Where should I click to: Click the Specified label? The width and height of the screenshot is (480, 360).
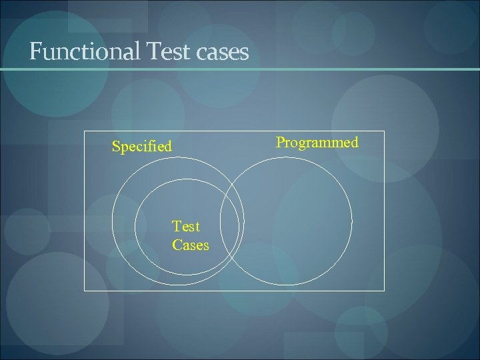[141, 146]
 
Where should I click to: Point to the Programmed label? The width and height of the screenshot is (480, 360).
[317, 142]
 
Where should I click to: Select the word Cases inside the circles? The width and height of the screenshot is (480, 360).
[190, 245]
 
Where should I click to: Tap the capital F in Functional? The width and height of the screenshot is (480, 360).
[35, 51]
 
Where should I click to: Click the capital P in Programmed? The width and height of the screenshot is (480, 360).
[281, 142]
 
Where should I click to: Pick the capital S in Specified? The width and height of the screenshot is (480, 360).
[116, 146]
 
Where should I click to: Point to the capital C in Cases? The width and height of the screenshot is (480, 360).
[177, 245]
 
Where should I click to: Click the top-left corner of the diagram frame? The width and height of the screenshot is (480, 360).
[84, 131]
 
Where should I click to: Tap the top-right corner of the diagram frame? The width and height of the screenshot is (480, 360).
[385, 131]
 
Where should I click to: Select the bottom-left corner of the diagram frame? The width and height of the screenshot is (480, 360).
[84, 291]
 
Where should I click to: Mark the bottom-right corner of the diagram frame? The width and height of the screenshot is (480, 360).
[385, 291]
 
